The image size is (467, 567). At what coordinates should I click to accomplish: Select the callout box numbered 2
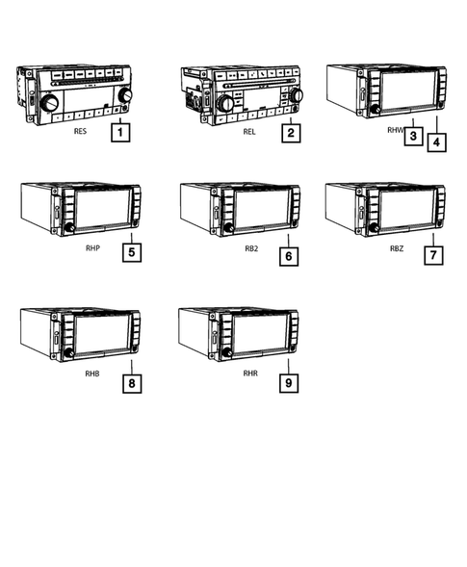pyautogui.click(x=290, y=134)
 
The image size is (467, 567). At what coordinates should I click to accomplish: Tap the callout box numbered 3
pyautogui.click(x=411, y=136)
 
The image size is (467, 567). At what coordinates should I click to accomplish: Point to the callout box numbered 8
pyautogui.click(x=131, y=383)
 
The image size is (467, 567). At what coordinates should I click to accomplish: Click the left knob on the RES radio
pyautogui.click(x=49, y=102)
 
